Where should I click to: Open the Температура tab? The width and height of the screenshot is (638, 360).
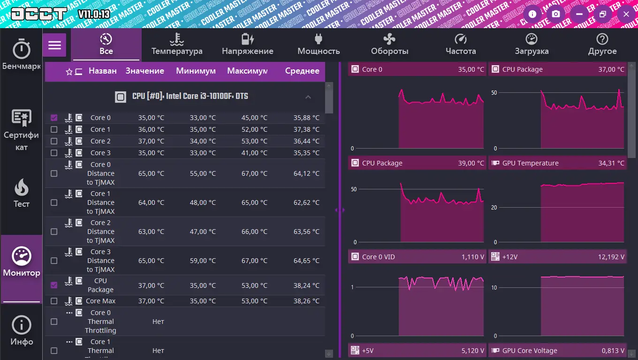tap(177, 45)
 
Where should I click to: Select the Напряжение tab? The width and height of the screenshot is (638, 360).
tap(248, 45)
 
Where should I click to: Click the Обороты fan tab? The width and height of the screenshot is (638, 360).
tap(389, 45)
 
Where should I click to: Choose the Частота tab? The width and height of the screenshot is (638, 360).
tap(461, 45)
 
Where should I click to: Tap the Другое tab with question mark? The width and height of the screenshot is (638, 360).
tap(602, 45)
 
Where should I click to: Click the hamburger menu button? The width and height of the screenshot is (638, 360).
tap(55, 45)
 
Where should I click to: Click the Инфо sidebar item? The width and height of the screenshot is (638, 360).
tap(22, 330)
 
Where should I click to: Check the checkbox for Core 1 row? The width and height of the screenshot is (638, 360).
tap(54, 129)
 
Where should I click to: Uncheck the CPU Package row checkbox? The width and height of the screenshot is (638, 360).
tap(54, 285)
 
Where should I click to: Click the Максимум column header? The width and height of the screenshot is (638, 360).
tap(247, 71)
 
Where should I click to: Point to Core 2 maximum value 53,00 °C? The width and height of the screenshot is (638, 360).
tap(252, 141)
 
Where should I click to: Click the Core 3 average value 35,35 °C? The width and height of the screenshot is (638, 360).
tap(306, 153)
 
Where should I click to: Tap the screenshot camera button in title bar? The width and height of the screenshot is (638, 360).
tap(556, 14)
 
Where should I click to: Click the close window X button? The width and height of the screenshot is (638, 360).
tap(626, 14)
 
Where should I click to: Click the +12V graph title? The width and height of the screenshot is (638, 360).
tap(510, 257)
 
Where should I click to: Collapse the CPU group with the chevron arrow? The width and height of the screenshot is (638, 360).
tap(308, 97)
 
